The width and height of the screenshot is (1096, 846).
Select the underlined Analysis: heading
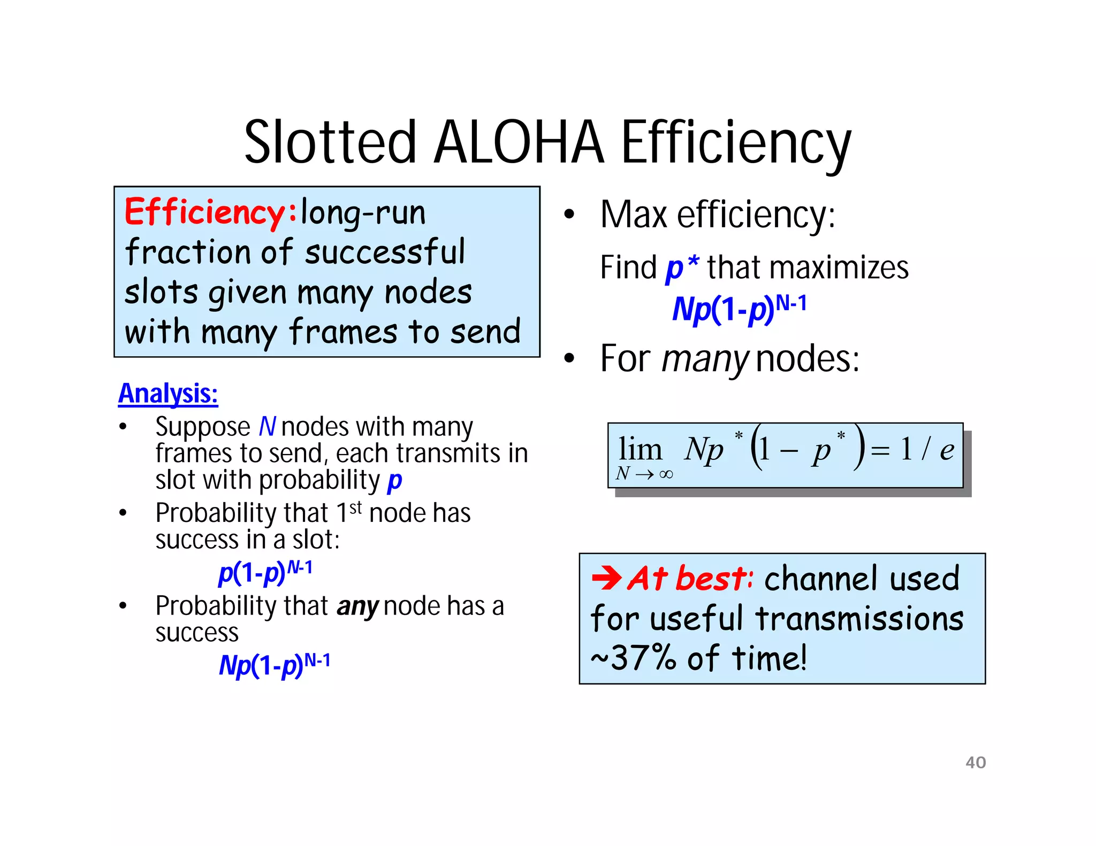(x=168, y=394)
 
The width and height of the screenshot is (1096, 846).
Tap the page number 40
(x=975, y=762)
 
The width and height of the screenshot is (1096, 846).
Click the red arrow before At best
(x=606, y=578)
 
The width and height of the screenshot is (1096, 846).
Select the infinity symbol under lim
(x=666, y=474)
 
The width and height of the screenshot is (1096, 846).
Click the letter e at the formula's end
(x=947, y=450)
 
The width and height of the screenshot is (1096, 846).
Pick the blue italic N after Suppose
(x=267, y=427)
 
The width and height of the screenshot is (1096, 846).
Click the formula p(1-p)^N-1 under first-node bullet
(x=265, y=572)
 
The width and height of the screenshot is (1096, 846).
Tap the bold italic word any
(x=357, y=606)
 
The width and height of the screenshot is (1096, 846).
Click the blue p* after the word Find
(x=682, y=267)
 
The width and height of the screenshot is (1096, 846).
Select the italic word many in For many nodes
(x=704, y=358)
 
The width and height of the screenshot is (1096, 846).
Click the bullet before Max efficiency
(x=569, y=215)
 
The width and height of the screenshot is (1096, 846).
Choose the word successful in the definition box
(x=385, y=252)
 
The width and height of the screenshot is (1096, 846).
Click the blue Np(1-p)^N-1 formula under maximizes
(x=739, y=309)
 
